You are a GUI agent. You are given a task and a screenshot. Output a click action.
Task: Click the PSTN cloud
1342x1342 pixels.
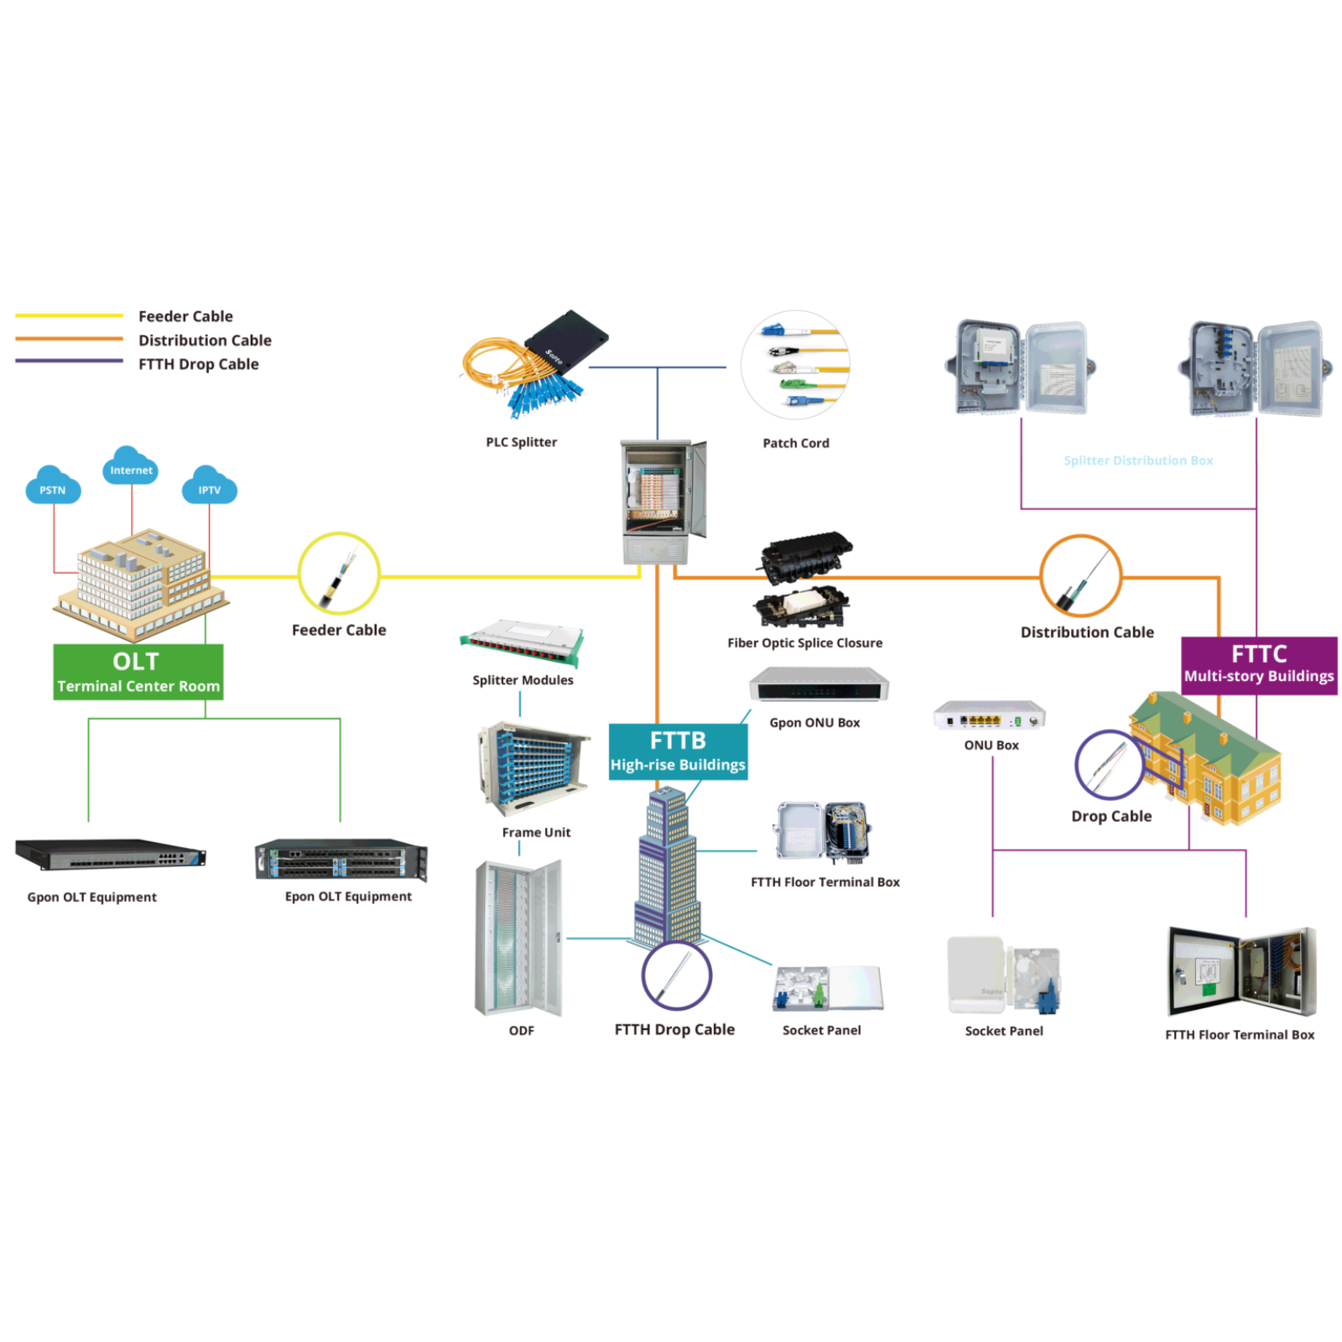click(x=53, y=486)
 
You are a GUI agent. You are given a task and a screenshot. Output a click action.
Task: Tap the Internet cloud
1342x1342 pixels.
click(x=130, y=467)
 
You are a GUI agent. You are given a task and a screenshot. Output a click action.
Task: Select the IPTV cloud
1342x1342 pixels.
click(x=209, y=487)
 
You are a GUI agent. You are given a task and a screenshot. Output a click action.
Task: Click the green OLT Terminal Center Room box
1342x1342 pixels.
click(x=138, y=672)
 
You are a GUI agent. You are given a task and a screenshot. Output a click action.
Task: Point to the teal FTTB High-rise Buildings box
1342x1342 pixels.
click(x=678, y=752)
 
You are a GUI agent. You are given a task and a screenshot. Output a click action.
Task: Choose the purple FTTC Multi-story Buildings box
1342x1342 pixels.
click(x=1258, y=664)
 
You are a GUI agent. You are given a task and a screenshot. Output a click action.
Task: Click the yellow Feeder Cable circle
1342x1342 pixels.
click(x=339, y=574)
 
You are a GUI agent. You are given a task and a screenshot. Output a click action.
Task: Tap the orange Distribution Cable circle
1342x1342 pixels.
click(x=1080, y=576)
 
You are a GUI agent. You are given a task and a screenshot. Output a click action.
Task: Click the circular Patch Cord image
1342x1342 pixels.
click(x=796, y=366)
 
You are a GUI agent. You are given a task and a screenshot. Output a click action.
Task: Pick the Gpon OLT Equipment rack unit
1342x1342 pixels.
click(x=110, y=855)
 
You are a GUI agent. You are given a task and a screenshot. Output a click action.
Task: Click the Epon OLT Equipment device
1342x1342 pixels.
click(x=341, y=860)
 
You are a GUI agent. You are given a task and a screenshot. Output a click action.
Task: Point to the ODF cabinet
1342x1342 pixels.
click(x=518, y=938)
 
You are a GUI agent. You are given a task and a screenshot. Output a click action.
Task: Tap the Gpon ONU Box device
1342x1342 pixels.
click(x=819, y=685)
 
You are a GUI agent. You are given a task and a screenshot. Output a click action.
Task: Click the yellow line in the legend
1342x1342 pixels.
click(x=69, y=316)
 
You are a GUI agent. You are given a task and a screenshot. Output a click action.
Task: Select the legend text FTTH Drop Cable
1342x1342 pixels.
click(x=199, y=364)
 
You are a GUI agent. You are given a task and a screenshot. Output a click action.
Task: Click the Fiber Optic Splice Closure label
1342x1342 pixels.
click(x=804, y=643)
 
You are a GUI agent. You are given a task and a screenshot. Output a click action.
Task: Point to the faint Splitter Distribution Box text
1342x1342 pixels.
click(x=1138, y=460)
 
